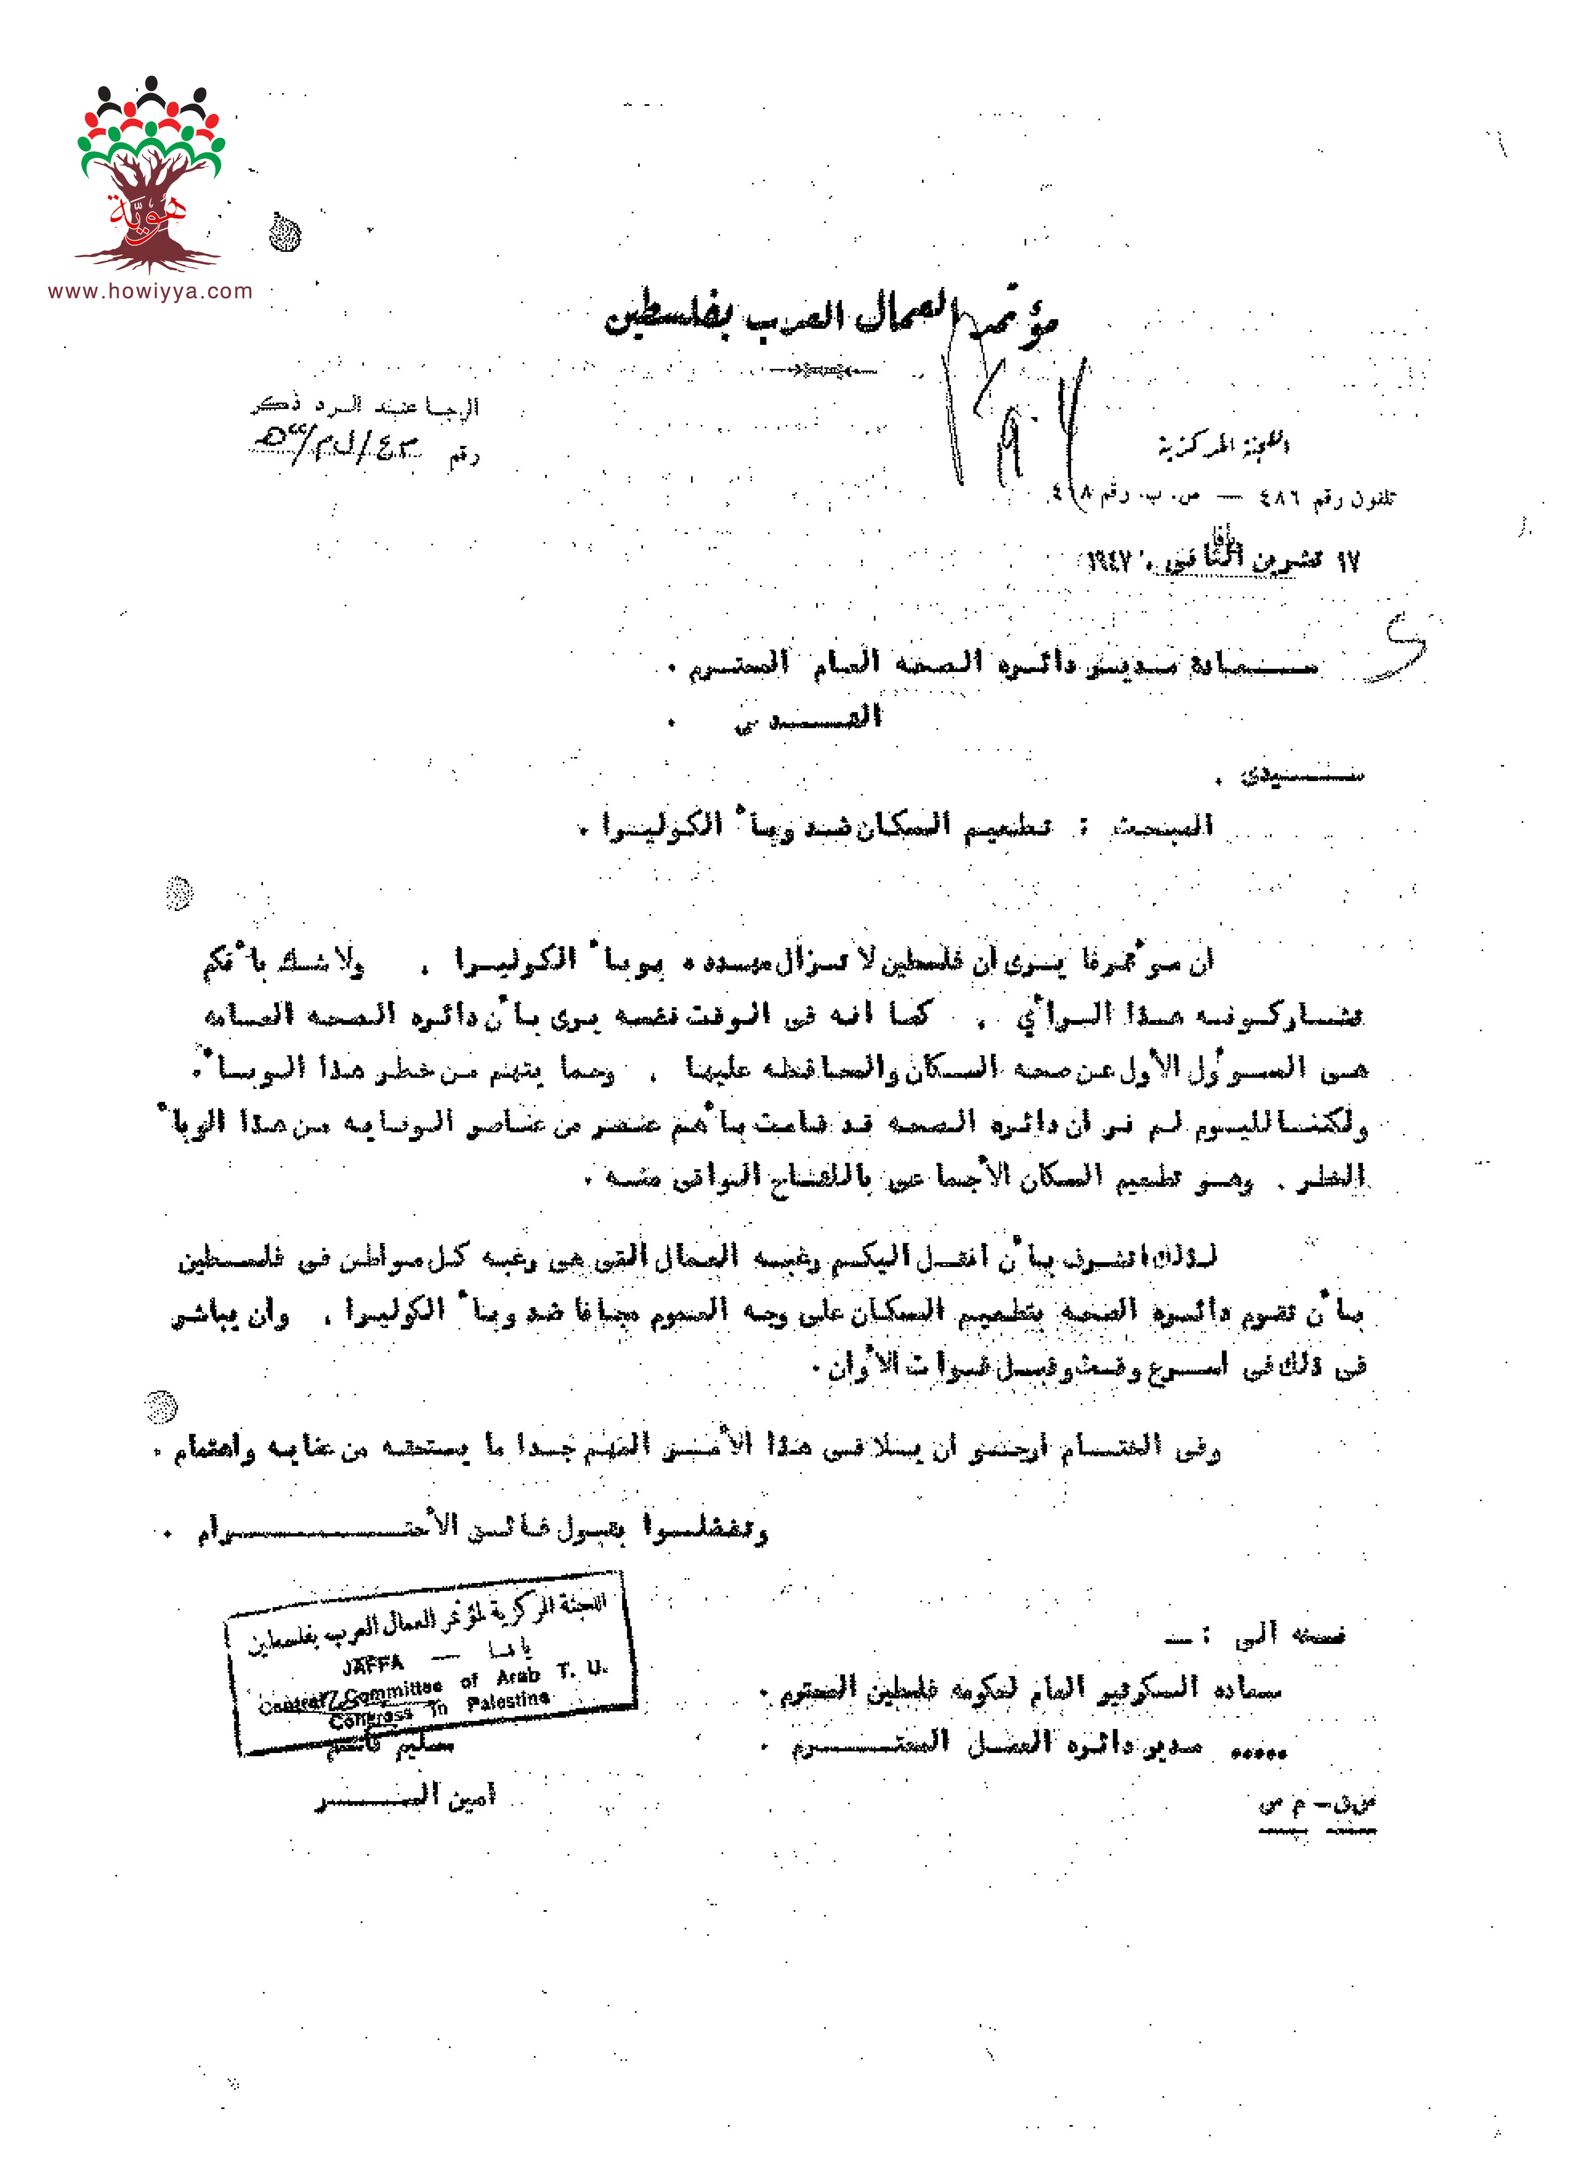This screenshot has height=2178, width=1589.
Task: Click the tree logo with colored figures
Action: (x=150, y=173)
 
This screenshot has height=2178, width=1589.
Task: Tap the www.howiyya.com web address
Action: (x=150, y=291)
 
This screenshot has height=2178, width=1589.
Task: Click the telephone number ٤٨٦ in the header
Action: (x=1280, y=498)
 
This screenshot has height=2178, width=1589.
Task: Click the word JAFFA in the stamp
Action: (x=373, y=1664)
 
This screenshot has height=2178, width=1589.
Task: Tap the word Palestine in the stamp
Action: (x=508, y=1701)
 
